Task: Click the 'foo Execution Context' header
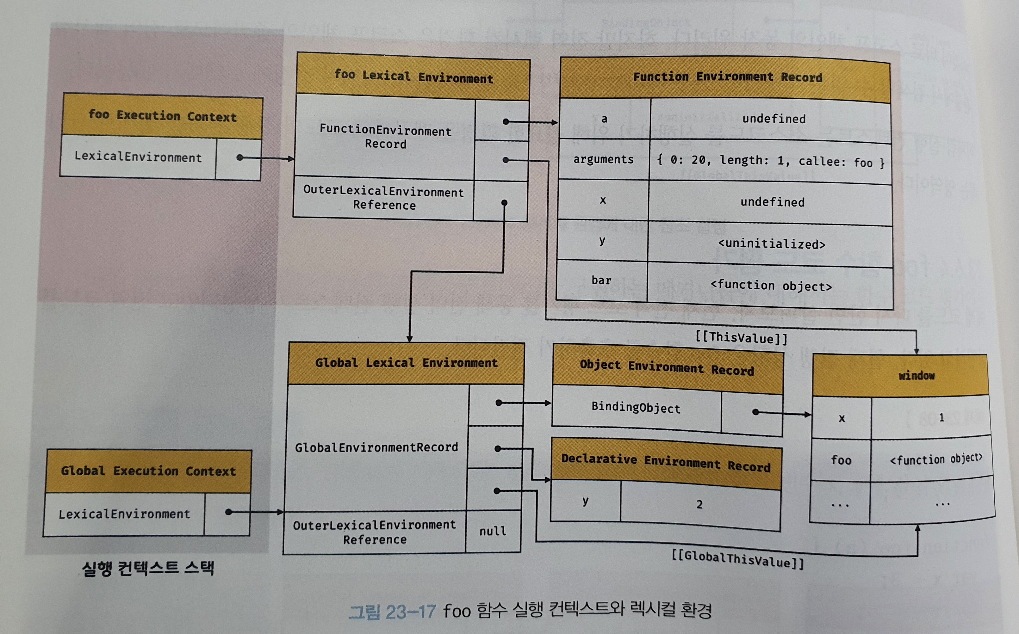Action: pyautogui.click(x=162, y=115)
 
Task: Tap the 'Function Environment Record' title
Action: pyautogui.click(x=727, y=77)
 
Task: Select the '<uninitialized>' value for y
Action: pyautogui.click(x=771, y=244)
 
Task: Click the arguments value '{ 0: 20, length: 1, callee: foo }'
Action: pyautogui.click(x=771, y=161)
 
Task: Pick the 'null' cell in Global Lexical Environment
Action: pyautogui.click(x=493, y=531)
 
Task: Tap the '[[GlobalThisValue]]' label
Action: pyautogui.click(x=737, y=559)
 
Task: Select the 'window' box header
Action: pyautogui.click(x=916, y=375)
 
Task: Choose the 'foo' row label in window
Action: pyautogui.click(x=841, y=460)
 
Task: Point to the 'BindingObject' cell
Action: pyautogui.click(x=636, y=408)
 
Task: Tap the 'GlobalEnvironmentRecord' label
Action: pyautogui.click(x=376, y=447)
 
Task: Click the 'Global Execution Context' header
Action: pyautogui.click(x=148, y=471)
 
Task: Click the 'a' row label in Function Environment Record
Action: pyautogui.click(x=604, y=120)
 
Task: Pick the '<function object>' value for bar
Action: pyautogui.click(x=771, y=286)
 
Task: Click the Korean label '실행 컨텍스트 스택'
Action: pyautogui.click(x=148, y=569)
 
